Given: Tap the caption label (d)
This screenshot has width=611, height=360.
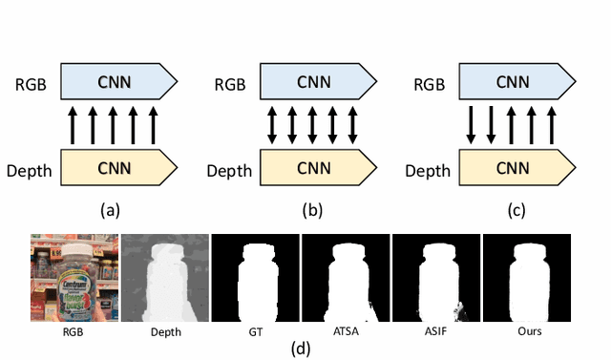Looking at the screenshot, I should (x=302, y=348).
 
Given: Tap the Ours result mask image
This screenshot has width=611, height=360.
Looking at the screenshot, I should (x=527, y=278).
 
